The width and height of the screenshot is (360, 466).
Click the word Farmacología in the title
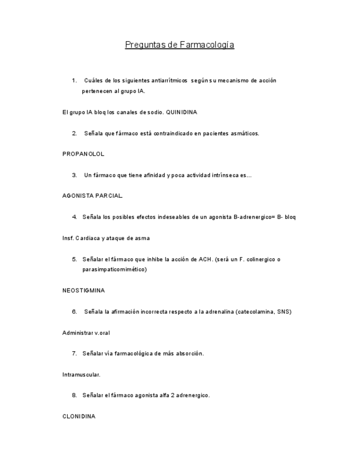207,45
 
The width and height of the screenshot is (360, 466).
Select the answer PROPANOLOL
84,154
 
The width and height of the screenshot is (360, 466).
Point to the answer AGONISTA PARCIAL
93,196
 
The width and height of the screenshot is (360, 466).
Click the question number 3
74,175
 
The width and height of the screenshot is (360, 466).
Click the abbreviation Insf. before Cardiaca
68,238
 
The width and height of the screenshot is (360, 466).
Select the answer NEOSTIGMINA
84,290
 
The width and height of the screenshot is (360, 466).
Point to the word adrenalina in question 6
215,312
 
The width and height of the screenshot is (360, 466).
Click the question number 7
74,353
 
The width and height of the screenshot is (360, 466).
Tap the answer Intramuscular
81,375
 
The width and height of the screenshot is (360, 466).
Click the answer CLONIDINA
79,417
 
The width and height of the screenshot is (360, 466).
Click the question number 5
74,259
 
